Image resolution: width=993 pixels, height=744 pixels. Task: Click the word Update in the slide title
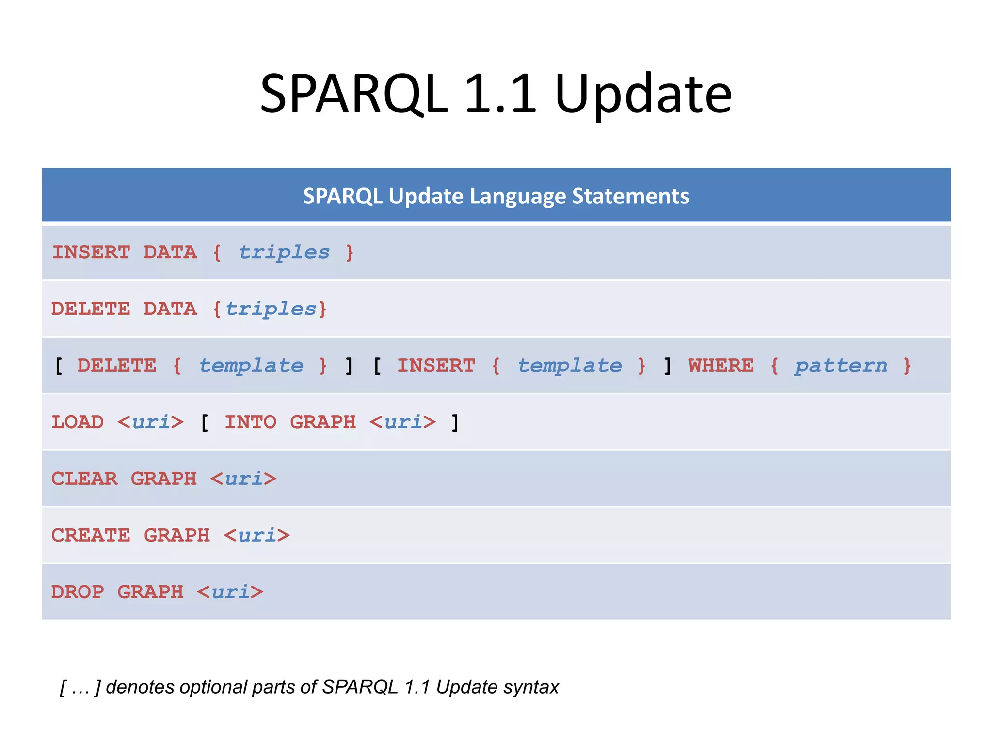642,94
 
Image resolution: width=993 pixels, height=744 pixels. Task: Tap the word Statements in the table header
630,196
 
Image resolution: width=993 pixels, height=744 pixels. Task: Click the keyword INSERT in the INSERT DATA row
91,252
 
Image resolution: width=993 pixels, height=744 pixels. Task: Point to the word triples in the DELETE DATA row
271,309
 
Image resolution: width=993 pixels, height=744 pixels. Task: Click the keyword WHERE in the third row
721,366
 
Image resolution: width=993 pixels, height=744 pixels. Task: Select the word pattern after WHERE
841,366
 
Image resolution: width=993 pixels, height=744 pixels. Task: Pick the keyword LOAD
78,422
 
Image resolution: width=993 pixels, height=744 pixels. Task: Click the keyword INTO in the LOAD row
250,422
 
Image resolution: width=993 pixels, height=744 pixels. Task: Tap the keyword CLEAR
84,479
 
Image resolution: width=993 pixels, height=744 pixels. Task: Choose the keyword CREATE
91,536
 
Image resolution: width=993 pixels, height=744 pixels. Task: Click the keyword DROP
78,592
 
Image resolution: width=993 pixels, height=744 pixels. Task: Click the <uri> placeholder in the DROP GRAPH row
230,592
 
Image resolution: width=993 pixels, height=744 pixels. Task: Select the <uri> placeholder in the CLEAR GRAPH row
243,479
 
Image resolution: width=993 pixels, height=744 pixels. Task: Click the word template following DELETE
251,366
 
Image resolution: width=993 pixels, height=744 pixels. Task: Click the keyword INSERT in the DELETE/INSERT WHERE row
436,366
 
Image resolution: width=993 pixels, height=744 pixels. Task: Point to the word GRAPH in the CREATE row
177,536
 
